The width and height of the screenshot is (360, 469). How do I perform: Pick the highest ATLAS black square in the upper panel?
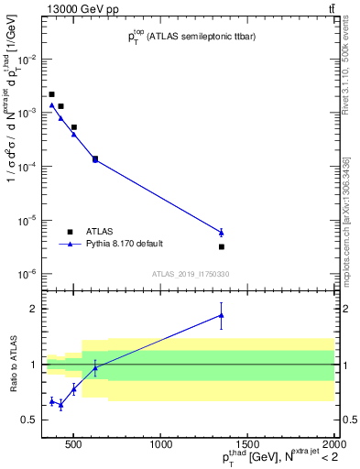coord(52,94)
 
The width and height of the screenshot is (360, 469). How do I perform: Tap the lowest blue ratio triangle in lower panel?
coord(60,404)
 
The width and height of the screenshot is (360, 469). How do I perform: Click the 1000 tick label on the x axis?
coord(160,445)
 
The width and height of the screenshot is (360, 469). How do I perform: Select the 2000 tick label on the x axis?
coord(333,445)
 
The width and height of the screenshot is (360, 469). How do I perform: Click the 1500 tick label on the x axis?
coord(247,445)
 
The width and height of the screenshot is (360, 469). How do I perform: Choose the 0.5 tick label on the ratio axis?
coord(31,420)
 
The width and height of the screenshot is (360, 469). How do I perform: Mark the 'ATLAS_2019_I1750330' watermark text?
coord(191,274)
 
